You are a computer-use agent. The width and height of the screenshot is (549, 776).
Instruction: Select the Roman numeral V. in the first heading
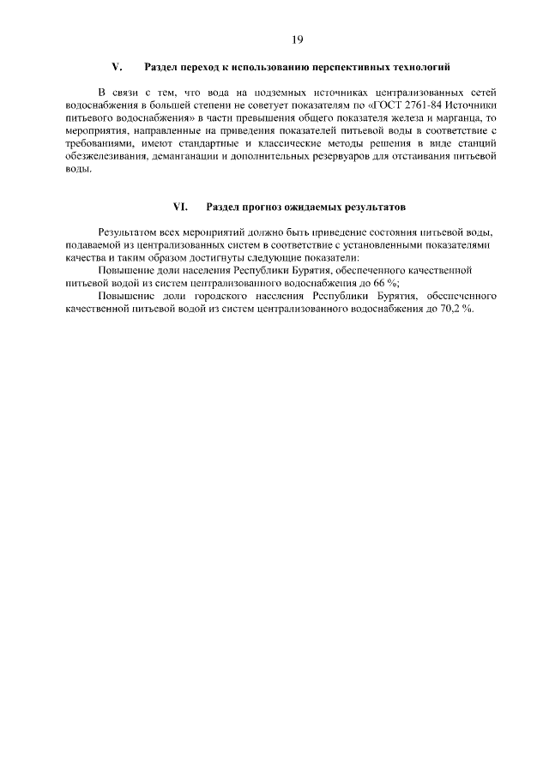pos(118,66)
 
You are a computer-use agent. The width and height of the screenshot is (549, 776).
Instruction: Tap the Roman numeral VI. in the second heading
pos(180,207)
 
